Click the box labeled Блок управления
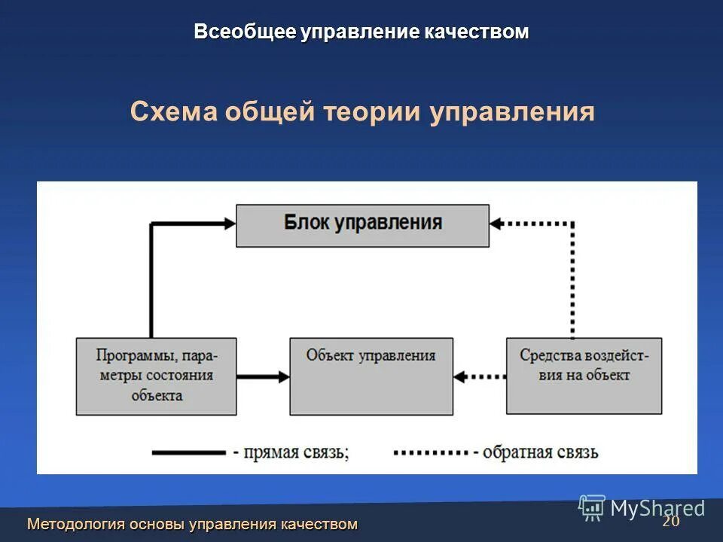click(362, 225)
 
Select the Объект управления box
click(371, 376)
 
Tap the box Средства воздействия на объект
click(584, 376)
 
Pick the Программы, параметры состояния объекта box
click(156, 376)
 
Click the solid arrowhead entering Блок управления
click(230, 223)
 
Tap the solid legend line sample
click(188, 452)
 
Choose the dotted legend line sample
click(430, 452)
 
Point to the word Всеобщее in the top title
click(245, 32)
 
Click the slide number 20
click(670, 522)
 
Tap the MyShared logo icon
click(592, 508)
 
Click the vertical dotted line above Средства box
click(572, 279)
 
